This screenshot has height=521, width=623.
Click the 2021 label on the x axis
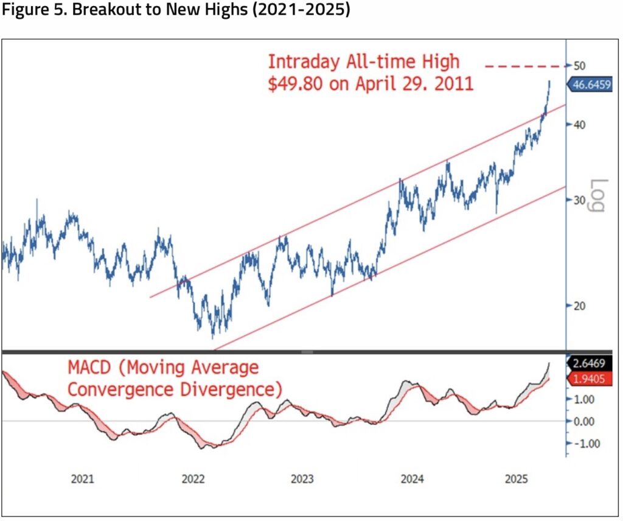click(x=82, y=479)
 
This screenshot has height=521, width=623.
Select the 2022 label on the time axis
click(x=193, y=479)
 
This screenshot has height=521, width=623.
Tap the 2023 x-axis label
click(x=303, y=479)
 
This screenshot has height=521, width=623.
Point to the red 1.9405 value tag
click(x=594, y=379)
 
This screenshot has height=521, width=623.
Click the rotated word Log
click(x=599, y=195)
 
